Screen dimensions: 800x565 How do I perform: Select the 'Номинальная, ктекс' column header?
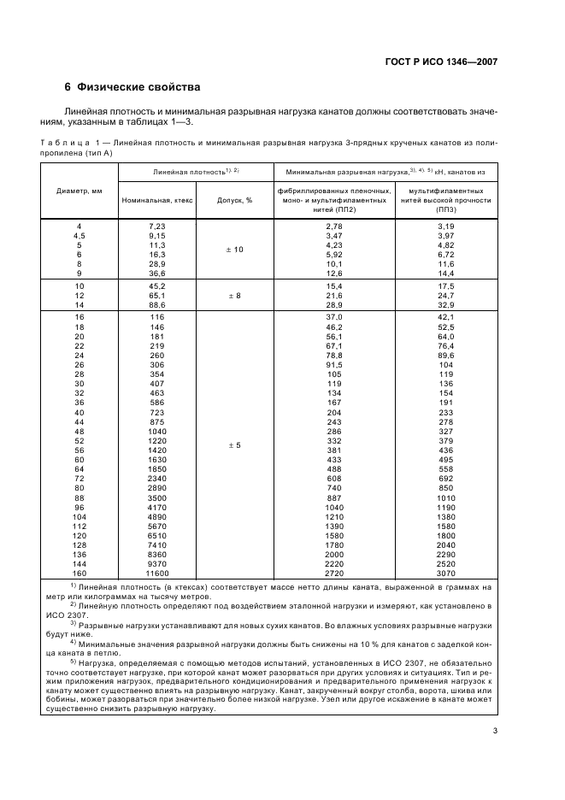[157, 199]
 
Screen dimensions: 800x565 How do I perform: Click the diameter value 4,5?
[79, 235]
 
